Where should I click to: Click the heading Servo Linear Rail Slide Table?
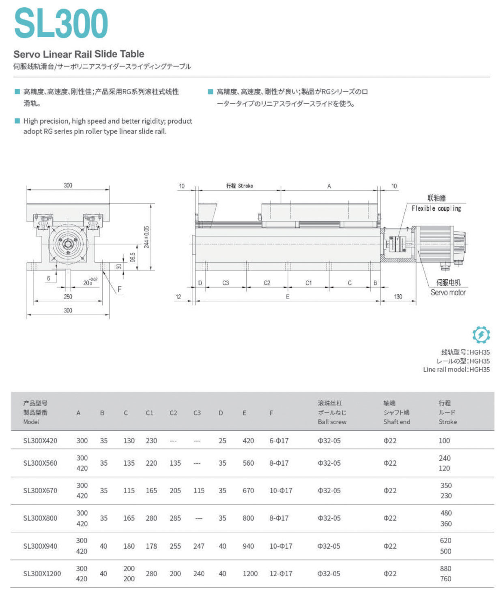(79, 54)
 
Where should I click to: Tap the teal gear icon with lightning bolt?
(481, 335)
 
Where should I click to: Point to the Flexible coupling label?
(436, 208)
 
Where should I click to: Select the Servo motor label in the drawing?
(448, 292)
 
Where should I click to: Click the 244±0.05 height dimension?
(146, 237)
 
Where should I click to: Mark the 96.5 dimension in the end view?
(133, 257)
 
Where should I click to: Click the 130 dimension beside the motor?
(398, 297)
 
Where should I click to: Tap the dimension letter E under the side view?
(288, 297)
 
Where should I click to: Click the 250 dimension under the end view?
(68, 297)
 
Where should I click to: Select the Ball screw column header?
(332, 421)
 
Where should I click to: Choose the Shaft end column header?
(396, 421)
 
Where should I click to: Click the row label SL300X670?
(40, 490)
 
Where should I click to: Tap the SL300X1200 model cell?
(42, 573)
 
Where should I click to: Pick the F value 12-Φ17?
(281, 573)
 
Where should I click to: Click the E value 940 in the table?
(248, 546)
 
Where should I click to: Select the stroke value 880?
(445, 568)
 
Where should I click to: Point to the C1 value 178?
(151, 546)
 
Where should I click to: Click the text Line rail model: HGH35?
(456, 369)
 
